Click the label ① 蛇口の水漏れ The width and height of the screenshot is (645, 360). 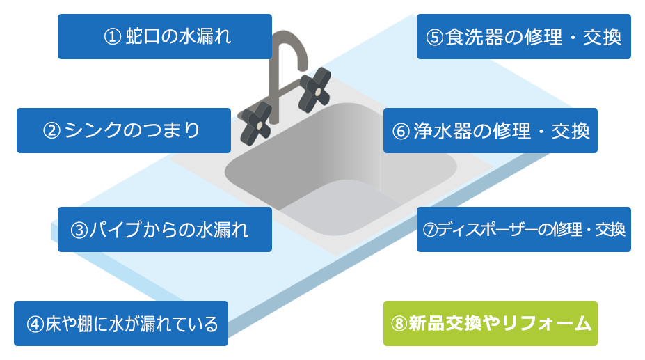(164, 37)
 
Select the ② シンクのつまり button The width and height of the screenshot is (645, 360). (122, 130)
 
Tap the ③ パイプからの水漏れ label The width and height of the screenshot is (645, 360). (164, 229)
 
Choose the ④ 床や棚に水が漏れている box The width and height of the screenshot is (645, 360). (121, 324)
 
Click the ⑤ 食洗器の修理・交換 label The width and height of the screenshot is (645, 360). (523, 37)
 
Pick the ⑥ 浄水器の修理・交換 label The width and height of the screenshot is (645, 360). (490, 130)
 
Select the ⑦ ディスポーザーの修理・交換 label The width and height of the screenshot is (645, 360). (523, 229)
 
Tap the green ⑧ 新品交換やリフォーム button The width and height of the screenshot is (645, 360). (489, 323)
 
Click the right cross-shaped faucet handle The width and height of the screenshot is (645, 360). (314, 88)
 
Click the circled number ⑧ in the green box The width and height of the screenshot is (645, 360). (399, 324)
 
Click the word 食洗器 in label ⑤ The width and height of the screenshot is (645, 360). (473, 37)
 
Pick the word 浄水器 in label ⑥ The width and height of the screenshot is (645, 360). (440, 131)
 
